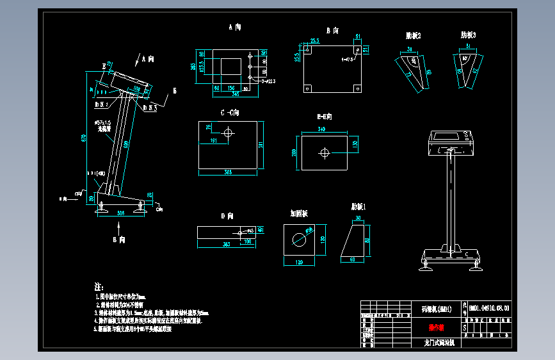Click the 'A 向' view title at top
[x=235, y=28]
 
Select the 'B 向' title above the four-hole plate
[x=332, y=30]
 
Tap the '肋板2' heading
[x=413, y=35]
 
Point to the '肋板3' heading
[x=468, y=35]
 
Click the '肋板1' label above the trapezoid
[x=358, y=207]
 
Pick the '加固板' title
[x=299, y=213]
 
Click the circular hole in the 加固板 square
[x=299, y=240]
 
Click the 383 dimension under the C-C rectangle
[x=227, y=173]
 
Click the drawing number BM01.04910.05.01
[x=490, y=309]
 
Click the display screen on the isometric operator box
[x=446, y=136]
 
